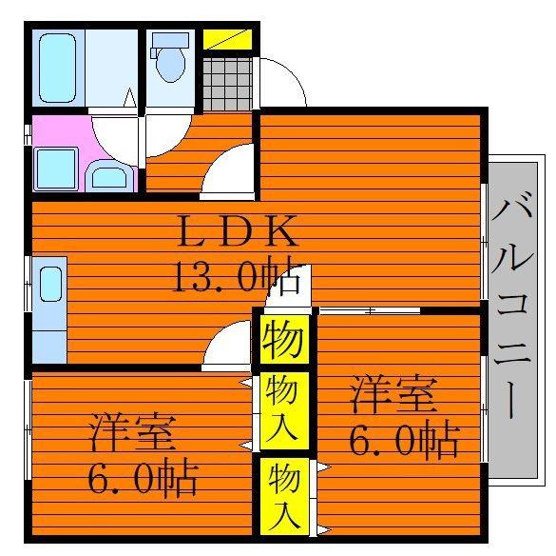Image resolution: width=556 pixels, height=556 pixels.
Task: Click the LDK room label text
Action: pyautogui.click(x=238, y=231)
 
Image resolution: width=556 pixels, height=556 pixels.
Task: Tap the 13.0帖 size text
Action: pyautogui.click(x=238, y=276)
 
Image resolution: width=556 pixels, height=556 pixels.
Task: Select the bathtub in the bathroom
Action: pyautogui.click(x=58, y=68)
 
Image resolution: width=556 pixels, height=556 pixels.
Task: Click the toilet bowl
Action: pyautogui.click(x=171, y=60)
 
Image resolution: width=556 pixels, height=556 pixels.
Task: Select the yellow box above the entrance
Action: pyautogui.click(x=227, y=41)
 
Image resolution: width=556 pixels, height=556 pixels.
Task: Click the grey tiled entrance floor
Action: pyautogui.click(x=227, y=86)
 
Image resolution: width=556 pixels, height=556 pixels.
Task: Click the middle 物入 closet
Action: pyautogui.click(x=282, y=407)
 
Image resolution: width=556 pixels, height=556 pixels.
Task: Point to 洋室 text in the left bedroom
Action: pyautogui.click(x=133, y=434)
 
